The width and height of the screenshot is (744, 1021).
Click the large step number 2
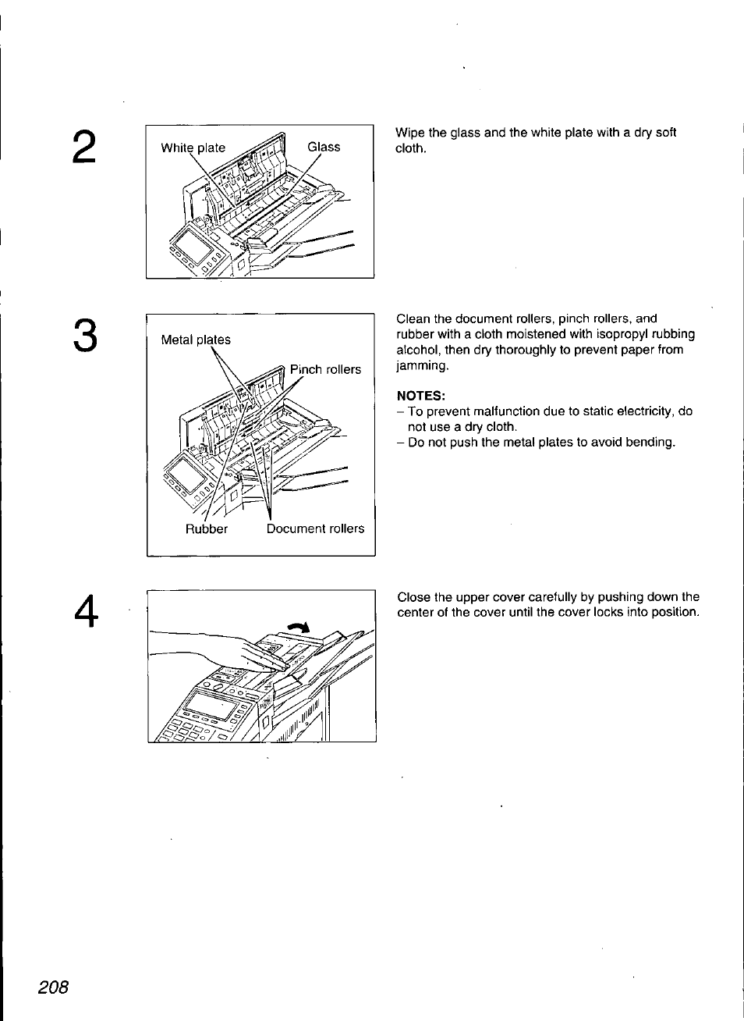[x=86, y=148]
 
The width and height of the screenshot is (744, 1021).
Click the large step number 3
[x=86, y=336]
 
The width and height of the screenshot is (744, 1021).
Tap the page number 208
[x=54, y=986]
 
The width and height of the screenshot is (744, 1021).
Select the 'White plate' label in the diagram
[x=193, y=148]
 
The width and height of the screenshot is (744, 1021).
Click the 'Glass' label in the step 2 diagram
[x=324, y=147]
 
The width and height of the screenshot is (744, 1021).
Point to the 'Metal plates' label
[x=196, y=340]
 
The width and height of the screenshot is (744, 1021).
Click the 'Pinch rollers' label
[x=325, y=369]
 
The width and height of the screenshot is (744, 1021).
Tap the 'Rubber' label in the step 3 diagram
[x=206, y=528]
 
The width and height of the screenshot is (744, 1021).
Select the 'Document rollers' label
[x=315, y=528]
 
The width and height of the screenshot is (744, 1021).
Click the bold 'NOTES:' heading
[x=420, y=395]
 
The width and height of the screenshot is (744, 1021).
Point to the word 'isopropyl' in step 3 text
[x=611, y=334]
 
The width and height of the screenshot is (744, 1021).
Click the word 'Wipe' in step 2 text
[x=409, y=133]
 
